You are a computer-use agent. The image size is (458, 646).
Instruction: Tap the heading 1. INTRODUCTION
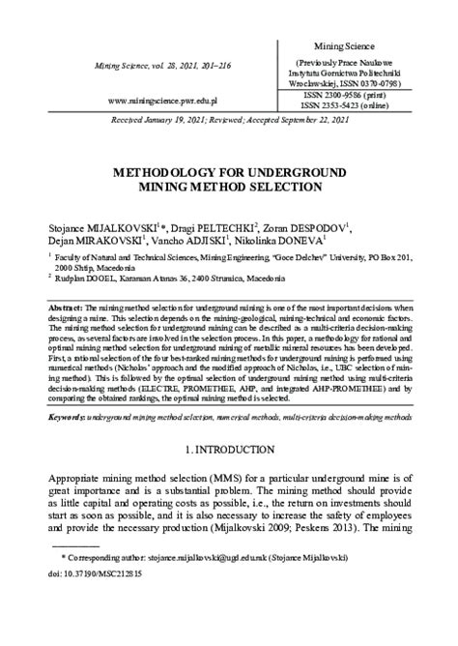coord(228,450)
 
